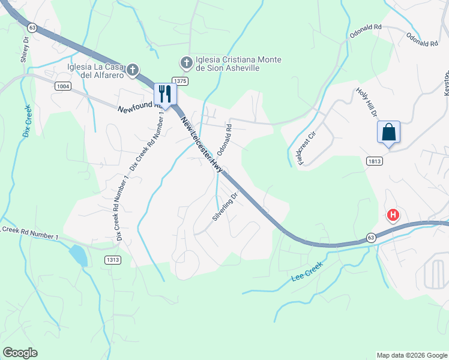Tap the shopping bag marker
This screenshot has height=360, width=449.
(x=388, y=131)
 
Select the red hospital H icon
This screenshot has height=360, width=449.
(x=393, y=215)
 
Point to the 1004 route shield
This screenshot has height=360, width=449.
(x=62, y=86)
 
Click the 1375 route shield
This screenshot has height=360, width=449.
(x=180, y=80)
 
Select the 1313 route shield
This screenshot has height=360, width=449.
(x=112, y=259)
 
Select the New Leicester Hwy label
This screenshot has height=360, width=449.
(x=202, y=144)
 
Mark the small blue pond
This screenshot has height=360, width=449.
(x=78, y=254)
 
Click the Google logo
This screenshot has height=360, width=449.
(x=20, y=353)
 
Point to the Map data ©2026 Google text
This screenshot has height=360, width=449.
(x=411, y=355)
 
